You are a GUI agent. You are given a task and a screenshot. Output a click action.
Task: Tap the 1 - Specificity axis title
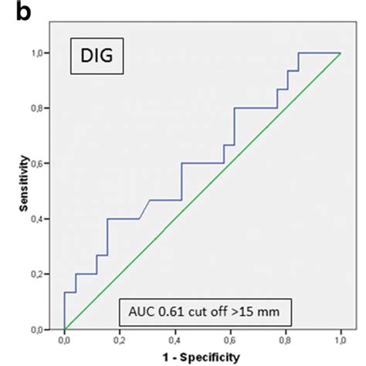pos(202,357)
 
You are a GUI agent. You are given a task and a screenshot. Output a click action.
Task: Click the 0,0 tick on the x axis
pos(64,340)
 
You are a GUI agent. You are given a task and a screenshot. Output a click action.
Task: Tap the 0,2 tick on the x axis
pos(120,340)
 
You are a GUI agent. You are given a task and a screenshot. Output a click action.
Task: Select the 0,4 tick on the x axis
pos(175,340)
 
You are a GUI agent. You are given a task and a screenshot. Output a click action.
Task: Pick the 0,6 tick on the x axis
pos(230,340)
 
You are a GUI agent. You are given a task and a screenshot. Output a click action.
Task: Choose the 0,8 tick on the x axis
pos(285,340)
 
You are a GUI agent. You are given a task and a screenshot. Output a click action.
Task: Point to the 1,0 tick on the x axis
pos(341,340)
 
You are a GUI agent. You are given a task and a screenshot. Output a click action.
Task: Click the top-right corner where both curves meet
pos(341,53)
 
